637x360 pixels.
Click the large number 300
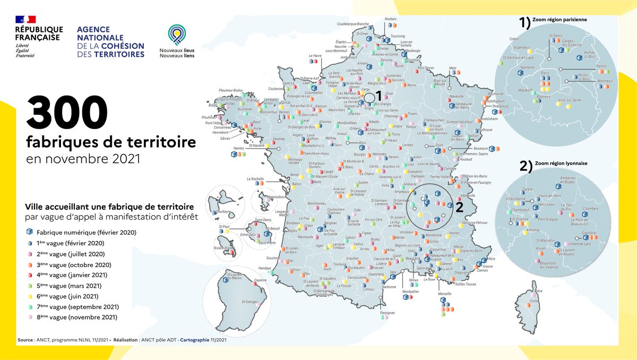[x=67, y=112]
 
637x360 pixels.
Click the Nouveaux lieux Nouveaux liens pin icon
[x=176, y=35]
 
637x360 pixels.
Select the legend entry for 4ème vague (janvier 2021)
[x=72, y=275]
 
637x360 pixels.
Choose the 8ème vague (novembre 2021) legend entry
[x=76, y=318]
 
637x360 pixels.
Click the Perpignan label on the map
[x=388, y=313]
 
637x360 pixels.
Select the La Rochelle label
[x=256, y=179]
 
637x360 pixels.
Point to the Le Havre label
[x=315, y=55]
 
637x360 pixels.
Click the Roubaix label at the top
[x=390, y=19]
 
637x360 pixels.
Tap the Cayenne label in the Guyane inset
[x=260, y=280]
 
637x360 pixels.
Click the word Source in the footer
[x=27, y=338]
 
